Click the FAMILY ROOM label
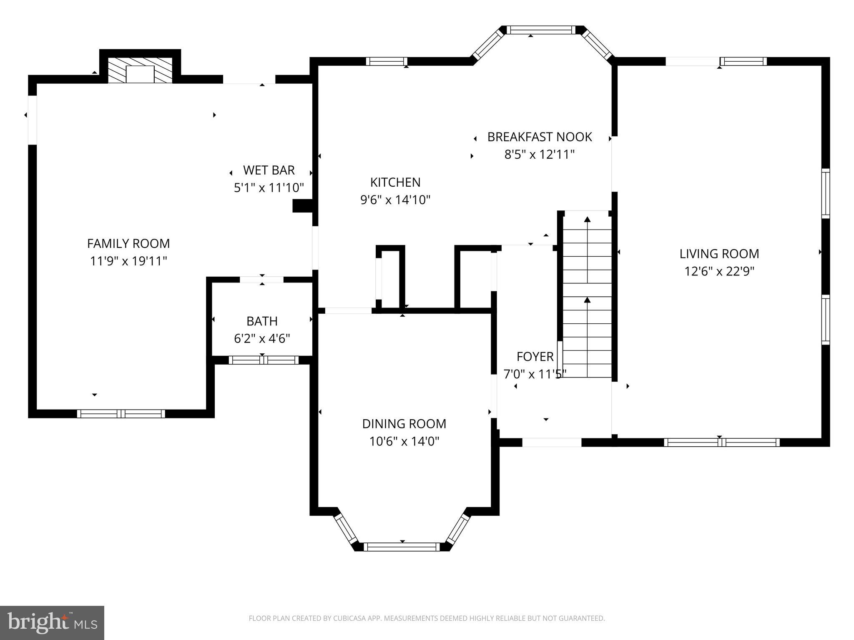[x=128, y=243]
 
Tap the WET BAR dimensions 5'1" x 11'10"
[x=269, y=188]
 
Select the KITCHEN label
[x=395, y=182]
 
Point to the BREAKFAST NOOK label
[x=540, y=137]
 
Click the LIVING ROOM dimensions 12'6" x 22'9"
[x=719, y=272]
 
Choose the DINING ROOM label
[x=404, y=424]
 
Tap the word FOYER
[x=535, y=357]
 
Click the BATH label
[x=262, y=321]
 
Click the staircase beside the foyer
[x=587, y=296]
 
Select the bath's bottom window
[x=264, y=360]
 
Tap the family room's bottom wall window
[x=121, y=414]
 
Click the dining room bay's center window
[x=402, y=547]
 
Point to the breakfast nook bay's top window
[x=540, y=30]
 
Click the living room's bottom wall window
[x=721, y=442]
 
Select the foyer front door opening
[x=552, y=442]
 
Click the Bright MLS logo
[x=52, y=622]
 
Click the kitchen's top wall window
[x=387, y=62]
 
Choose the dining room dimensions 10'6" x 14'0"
[x=404, y=441]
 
